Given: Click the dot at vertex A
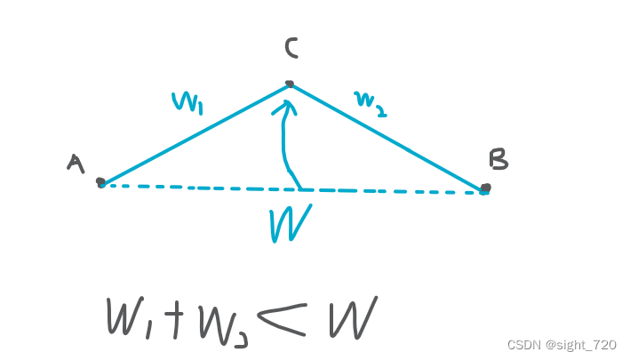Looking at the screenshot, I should click(x=100, y=182).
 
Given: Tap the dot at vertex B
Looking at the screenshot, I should click(x=485, y=188).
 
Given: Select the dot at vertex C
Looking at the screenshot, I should click(x=289, y=84).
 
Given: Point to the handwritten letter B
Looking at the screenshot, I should click(x=498, y=158).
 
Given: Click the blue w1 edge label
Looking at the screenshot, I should click(x=187, y=101).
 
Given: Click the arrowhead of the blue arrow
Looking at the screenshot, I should click(x=286, y=108).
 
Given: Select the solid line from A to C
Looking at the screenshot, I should click(x=195, y=133).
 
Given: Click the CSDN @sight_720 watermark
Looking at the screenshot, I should click(x=562, y=344).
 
